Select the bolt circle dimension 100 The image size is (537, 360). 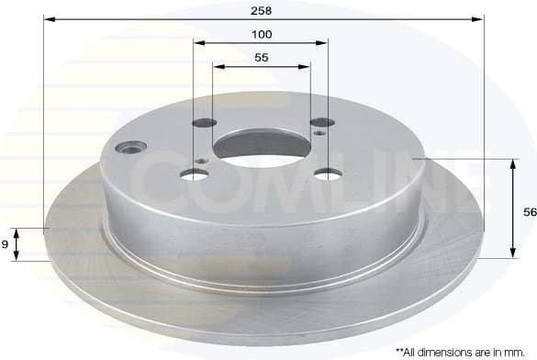tap(262, 34)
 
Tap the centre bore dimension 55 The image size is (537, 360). tap(262, 57)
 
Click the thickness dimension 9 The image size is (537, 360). tap(6, 243)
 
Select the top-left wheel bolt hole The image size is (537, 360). tap(206, 123)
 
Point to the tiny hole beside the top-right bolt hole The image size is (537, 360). tap(318, 133)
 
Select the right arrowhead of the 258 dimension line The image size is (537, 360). tap(478, 18)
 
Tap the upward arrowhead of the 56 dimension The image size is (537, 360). tap(510, 163)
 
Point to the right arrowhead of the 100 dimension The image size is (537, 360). tap(325, 42)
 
